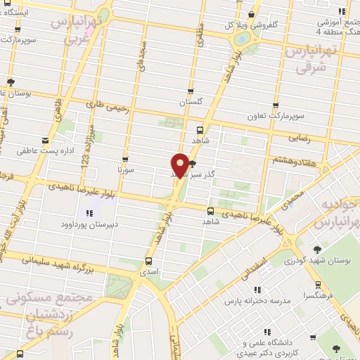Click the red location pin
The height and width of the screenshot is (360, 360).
point(181,165)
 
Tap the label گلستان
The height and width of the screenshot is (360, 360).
point(191,103)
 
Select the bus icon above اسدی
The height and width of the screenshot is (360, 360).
point(148,260)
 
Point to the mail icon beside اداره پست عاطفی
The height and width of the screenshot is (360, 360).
point(46,141)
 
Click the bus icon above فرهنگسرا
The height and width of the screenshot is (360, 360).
point(319,285)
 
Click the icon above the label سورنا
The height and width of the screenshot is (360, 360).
point(125,159)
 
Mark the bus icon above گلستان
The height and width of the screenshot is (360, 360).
point(191,91)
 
